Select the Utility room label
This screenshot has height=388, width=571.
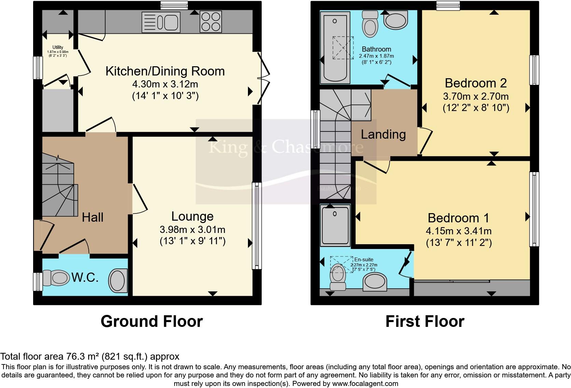pos(58,47)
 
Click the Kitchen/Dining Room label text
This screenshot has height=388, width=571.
pos(165,71)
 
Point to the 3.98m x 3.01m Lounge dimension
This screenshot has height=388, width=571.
pos(192,230)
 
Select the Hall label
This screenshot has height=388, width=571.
pos(93,217)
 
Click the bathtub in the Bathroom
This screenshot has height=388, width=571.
pos(335,47)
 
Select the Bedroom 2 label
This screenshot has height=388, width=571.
pos(476,83)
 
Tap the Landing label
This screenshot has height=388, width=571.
pos(383,134)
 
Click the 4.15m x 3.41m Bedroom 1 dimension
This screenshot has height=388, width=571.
pos(458,231)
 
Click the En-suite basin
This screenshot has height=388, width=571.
pos(375,282)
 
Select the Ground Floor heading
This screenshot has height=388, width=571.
pos(152,321)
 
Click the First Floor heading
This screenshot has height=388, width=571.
pos(425,321)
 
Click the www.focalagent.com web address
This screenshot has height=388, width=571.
pos(365,384)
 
